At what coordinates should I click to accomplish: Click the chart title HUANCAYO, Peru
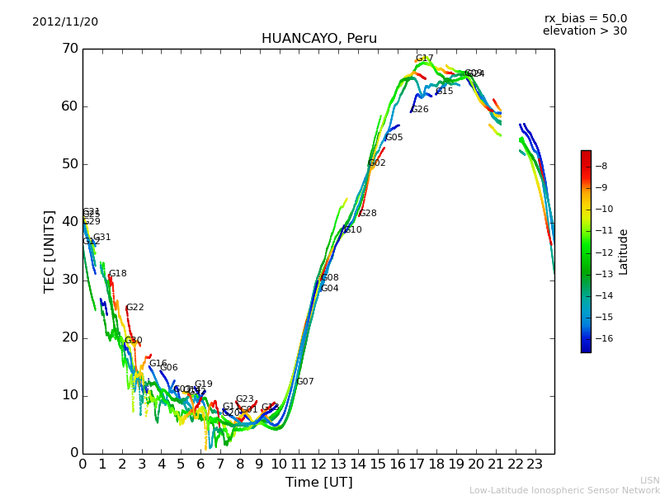(318, 39)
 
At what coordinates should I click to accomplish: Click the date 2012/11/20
(65, 22)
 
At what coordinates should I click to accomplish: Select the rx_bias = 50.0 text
(585, 19)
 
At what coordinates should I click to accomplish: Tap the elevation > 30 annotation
(584, 31)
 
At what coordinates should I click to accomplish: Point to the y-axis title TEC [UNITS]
(49, 251)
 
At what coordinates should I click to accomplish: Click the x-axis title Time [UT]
(318, 482)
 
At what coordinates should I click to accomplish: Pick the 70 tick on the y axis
(69, 49)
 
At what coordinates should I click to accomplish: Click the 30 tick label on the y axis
(69, 280)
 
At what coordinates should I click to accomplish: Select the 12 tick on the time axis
(318, 464)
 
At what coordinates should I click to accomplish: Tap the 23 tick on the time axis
(535, 464)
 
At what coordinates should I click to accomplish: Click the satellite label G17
(424, 59)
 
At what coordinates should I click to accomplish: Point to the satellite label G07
(305, 382)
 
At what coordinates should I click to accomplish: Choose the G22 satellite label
(134, 308)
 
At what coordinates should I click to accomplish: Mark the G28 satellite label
(367, 214)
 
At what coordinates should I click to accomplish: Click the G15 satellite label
(444, 92)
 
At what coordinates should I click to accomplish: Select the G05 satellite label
(394, 138)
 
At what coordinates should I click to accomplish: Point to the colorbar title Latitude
(624, 252)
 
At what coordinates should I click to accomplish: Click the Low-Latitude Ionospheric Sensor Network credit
(564, 491)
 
